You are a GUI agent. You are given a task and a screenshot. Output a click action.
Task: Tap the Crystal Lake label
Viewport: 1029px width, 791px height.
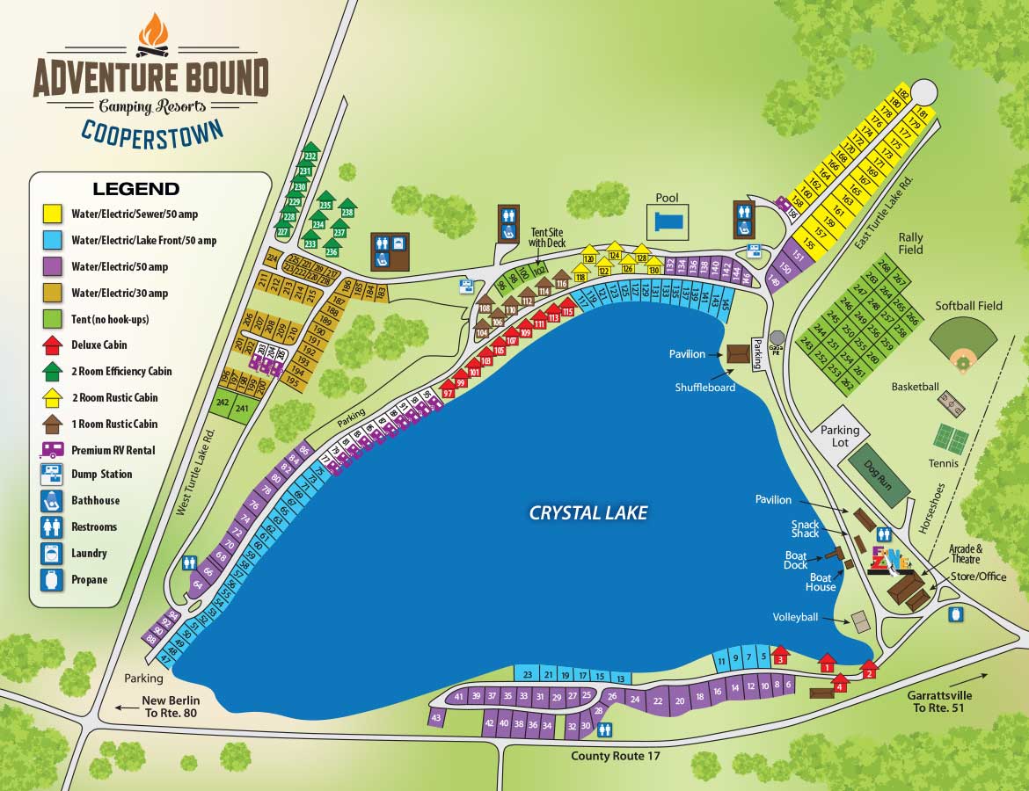(587, 512)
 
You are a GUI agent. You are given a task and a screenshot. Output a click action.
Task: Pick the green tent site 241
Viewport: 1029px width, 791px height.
(241, 407)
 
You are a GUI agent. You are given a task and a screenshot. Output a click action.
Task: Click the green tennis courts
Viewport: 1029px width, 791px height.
(951, 439)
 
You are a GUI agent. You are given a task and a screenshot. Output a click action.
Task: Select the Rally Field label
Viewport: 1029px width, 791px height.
(909, 243)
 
